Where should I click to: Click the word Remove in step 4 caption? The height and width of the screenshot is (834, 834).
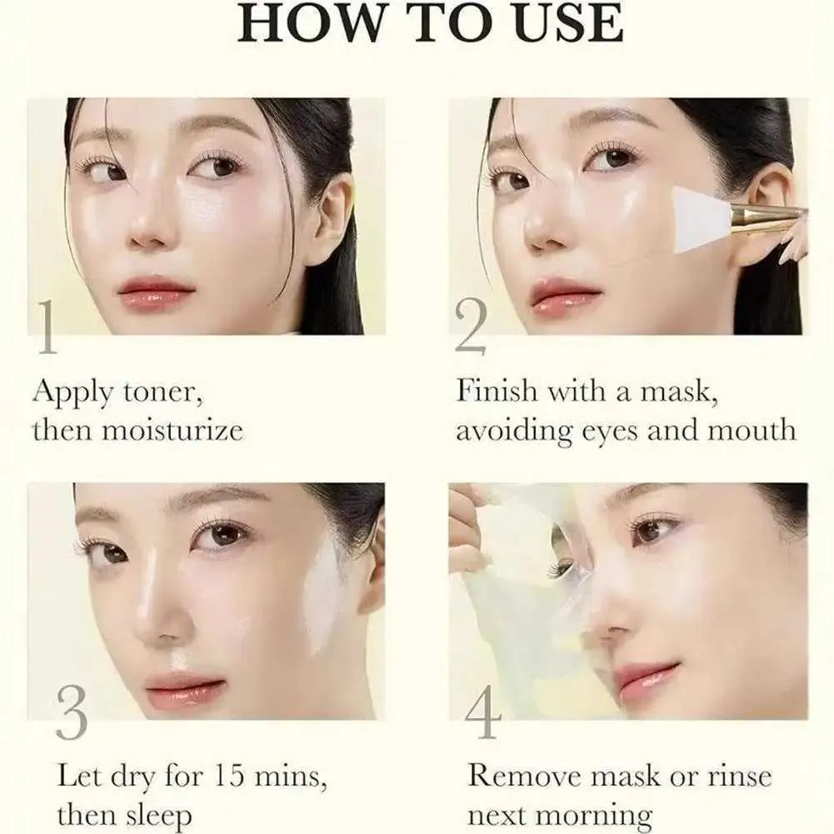pos(522,776)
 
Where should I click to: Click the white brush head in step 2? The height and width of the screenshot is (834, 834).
pos(701,219)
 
